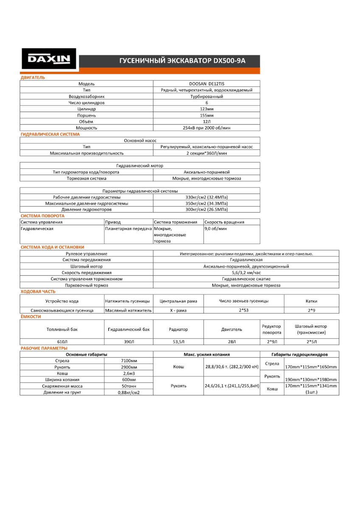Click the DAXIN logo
coord(49,59)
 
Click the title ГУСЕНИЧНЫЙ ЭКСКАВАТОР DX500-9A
coord(182,61)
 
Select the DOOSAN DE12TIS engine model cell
coord(207,84)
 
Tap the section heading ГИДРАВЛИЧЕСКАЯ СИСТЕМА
coord(50,134)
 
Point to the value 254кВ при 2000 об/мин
coord(207,128)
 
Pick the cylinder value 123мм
coord(207,109)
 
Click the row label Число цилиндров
coord(87,103)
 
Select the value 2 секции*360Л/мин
coord(207,153)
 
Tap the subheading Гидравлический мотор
coord(140,165)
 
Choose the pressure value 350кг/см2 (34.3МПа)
coord(207,203)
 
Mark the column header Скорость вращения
coord(224,222)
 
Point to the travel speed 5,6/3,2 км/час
coord(246,272)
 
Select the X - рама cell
coord(178,310)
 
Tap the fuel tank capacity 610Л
coord(62,341)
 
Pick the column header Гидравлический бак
coord(129,329)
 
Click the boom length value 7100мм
coord(129,361)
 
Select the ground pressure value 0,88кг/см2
coord(129,392)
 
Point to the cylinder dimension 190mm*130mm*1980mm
coord(311,380)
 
